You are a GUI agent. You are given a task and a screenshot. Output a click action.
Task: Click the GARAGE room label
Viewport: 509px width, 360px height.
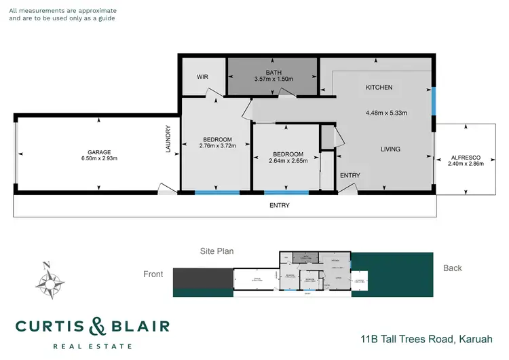99,152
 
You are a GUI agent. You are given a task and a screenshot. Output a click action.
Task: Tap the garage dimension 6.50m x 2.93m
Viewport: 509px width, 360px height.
99,159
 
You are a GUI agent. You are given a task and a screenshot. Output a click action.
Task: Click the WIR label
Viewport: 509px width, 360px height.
202,77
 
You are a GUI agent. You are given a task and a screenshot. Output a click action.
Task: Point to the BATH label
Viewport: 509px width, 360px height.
274,72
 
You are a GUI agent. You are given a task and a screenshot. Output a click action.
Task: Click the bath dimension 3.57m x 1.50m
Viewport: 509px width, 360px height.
274,79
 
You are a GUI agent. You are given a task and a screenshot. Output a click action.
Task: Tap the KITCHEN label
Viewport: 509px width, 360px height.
379,88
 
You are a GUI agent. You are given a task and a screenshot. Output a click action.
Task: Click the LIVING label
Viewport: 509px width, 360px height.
390,149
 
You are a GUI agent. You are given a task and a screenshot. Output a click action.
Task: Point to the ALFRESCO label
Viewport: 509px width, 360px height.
466,158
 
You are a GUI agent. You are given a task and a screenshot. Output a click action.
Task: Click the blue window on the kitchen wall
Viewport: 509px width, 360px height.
432,103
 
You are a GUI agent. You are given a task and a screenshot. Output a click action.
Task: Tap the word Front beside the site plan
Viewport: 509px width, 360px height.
153,274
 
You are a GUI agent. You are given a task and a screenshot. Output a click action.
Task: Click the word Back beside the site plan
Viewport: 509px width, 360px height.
452,268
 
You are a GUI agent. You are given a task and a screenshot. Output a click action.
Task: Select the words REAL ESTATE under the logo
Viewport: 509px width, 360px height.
92,346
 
